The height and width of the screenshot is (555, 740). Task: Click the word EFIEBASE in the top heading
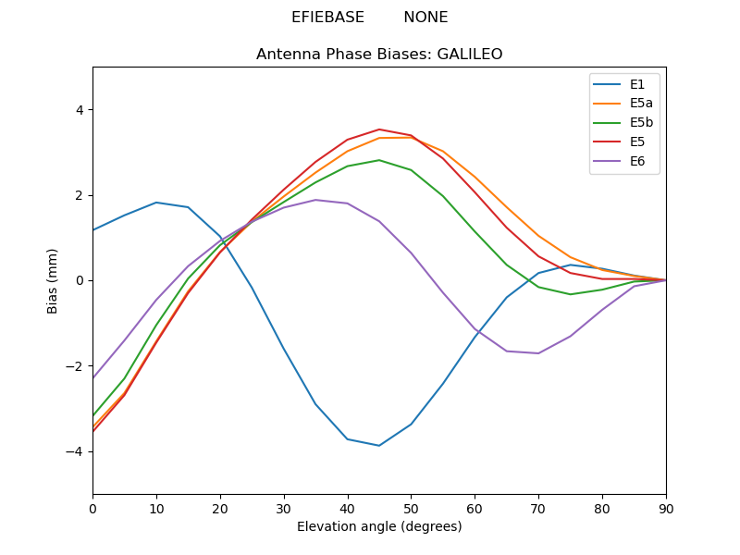tap(327, 18)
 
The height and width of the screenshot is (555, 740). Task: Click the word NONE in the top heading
tap(425, 18)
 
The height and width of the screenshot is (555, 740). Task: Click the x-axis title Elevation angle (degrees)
tap(379, 526)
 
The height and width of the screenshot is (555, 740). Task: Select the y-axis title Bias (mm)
tap(53, 280)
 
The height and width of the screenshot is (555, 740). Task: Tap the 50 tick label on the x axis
tap(411, 507)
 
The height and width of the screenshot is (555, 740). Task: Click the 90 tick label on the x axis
tap(666, 507)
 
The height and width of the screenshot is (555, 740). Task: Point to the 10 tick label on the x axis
tap(156, 507)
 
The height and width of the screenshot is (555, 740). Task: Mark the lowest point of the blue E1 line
tap(379, 446)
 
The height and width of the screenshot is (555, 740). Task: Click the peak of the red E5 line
tap(379, 129)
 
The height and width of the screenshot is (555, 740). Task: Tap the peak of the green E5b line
tap(379, 160)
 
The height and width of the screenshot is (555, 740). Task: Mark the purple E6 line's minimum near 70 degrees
tap(538, 353)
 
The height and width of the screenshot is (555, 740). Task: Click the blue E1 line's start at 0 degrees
tap(93, 230)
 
